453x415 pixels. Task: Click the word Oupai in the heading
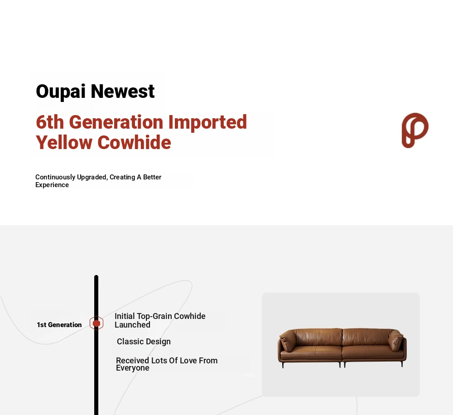point(61,92)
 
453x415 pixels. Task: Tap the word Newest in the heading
point(123,92)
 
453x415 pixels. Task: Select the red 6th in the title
point(50,122)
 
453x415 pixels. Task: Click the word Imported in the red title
point(207,123)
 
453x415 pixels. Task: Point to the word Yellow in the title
point(64,142)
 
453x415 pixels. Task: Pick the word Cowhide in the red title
point(135,142)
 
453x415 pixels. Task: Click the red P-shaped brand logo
point(415,130)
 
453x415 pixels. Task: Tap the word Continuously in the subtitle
point(55,177)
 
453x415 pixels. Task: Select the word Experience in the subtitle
point(52,185)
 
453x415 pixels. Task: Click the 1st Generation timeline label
point(59,325)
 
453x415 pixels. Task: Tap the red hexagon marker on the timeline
point(96,323)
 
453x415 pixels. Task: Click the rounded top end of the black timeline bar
point(96,276)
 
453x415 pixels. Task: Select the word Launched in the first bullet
point(132,325)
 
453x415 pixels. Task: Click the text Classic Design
point(144,342)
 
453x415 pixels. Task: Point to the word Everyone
point(133,368)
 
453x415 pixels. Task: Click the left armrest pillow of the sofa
point(288,339)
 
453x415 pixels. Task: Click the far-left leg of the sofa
point(283,365)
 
